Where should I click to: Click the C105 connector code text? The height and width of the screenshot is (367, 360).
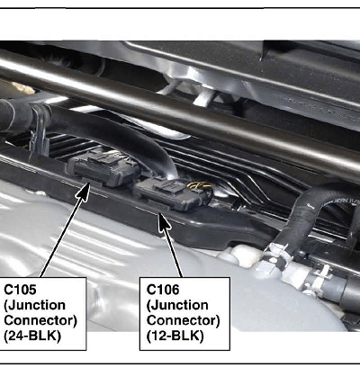coord(20,290)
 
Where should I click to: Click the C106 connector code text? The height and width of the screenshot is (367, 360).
coord(163,290)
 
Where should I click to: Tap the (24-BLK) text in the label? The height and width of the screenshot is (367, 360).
coord(32,336)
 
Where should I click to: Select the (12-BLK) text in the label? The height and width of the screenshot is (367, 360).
coord(175,336)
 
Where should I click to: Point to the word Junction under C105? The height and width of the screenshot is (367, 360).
coord(34,305)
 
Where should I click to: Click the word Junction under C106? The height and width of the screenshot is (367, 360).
coord(177,305)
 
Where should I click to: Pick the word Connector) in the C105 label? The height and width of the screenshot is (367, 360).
coord(40,320)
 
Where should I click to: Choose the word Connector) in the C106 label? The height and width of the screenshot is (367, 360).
coord(184,320)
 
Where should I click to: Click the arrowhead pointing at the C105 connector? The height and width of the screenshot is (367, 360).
coord(84,192)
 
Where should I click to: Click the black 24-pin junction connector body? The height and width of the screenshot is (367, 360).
coord(103,168)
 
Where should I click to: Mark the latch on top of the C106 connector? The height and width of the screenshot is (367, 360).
coord(168,186)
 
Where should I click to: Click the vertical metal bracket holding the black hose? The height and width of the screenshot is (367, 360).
coord(39,130)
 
